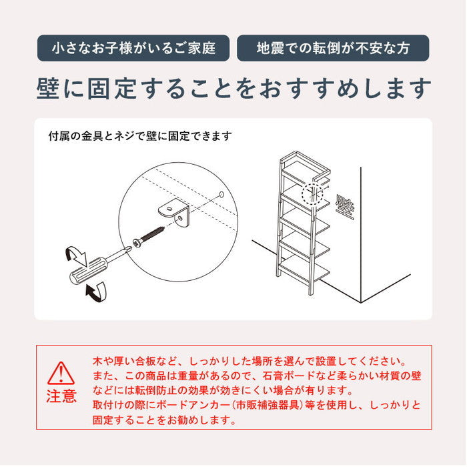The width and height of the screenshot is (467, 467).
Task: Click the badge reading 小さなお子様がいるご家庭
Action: click(x=133, y=48)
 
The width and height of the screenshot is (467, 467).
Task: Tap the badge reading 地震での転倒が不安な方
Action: click(x=333, y=48)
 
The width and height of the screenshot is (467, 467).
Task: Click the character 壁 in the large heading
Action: click(x=47, y=89)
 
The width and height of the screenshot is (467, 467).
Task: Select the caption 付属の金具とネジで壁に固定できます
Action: click(x=140, y=136)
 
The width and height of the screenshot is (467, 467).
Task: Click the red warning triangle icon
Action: click(x=61, y=374)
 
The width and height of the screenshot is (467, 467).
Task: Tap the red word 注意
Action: click(x=61, y=396)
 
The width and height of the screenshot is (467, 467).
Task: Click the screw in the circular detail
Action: click(x=148, y=237)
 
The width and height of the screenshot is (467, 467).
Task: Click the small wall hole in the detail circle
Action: click(x=221, y=194)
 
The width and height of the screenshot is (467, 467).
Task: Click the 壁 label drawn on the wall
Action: click(x=345, y=207)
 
